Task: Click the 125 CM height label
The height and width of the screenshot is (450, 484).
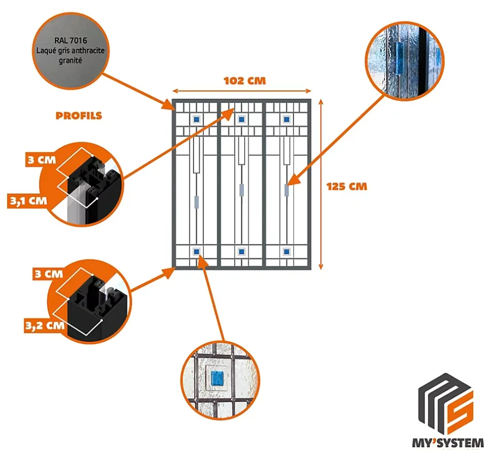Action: [347, 186]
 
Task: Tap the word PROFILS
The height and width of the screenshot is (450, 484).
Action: [79, 116]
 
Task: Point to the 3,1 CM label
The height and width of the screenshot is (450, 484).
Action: [25, 200]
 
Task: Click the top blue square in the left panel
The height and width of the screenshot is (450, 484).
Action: [196, 120]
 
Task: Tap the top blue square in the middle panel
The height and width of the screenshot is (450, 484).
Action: [241, 120]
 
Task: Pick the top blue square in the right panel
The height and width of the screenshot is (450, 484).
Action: [286, 120]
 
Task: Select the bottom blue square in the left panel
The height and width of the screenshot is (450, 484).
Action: [196, 252]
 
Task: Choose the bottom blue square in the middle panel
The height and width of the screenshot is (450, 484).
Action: [241, 252]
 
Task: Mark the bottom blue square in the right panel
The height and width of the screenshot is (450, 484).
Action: [286, 252]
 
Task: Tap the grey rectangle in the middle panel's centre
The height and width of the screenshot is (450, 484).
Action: [241, 190]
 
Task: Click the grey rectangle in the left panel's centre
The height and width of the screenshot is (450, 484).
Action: [196, 202]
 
